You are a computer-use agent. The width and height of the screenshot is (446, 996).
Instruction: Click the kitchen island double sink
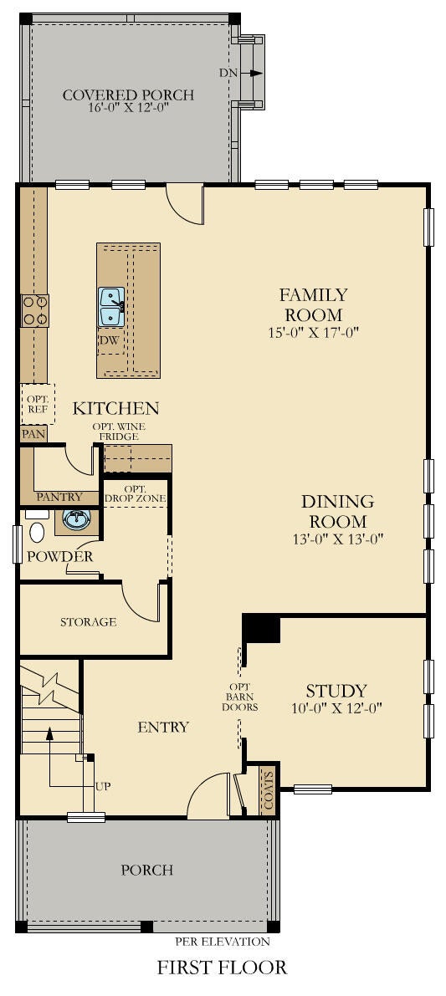[111, 306]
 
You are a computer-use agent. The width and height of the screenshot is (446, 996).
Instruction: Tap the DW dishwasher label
[109, 340]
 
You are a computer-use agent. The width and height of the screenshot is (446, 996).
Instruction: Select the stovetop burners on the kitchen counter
[34, 310]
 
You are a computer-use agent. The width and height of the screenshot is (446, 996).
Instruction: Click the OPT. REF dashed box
[38, 404]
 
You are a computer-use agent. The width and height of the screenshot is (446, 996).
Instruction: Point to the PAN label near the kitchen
[32, 435]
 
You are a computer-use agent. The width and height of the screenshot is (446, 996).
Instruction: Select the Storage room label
[89, 622]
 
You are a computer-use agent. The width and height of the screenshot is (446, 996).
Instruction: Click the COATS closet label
[269, 790]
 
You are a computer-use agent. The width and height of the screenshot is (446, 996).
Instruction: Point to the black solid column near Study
[263, 629]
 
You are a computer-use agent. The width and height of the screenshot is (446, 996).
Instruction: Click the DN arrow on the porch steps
[256, 73]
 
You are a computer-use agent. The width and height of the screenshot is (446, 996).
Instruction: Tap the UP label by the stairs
[103, 786]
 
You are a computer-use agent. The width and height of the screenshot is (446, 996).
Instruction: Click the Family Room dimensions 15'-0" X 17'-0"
[315, 332]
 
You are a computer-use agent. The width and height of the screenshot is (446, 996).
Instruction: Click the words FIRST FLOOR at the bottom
[222, 968]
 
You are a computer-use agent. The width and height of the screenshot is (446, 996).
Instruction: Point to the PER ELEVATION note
[223, 942]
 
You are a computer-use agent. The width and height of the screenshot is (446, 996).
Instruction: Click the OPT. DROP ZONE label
[135, 493]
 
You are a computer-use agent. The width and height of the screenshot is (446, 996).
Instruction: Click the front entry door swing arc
[202, 786]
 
